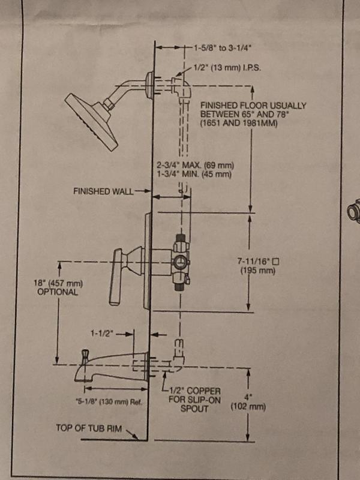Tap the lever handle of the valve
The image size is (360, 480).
tap(116, 277)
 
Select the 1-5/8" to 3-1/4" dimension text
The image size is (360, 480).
tap(223, 48)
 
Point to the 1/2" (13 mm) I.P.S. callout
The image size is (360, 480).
tap(227, 68)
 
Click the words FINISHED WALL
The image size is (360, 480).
tap(103, 191)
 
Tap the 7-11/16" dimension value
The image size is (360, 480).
tap(254, 262)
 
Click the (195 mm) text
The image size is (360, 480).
tap(258, 271)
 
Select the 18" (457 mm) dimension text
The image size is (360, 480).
tap(58, 283)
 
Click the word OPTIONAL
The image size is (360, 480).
tap(58, 292)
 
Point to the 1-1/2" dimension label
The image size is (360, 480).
tap(101, 334)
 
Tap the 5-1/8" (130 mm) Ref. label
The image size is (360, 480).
tap(109, 401)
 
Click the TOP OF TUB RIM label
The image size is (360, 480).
tap(89, 428)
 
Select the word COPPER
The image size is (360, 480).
tap(203, 391)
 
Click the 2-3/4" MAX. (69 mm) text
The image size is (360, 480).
tap(196, 166)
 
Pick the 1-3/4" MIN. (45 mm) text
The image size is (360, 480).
tap(194, 175)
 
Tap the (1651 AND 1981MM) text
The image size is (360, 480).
tap(239, 124)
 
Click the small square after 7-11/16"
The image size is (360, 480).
tap(276, 262)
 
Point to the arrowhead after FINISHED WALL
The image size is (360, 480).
tap(148, 191)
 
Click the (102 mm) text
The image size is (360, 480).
tap(248, 407)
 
